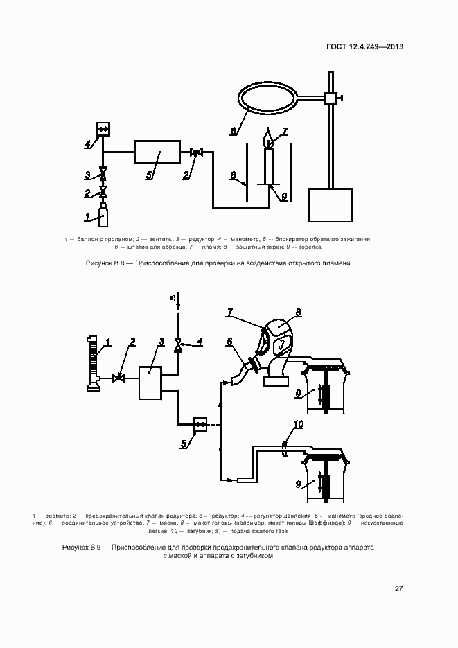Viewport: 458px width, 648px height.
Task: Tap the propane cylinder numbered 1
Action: click(103, 216)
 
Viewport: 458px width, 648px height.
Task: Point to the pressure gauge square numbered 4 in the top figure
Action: click(103, 129)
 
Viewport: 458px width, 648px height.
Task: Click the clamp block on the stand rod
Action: click(331, 98)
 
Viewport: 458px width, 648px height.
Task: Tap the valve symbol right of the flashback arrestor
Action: click(196, 152)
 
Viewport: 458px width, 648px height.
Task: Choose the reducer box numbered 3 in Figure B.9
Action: click(150, 382)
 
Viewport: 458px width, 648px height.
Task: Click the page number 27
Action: click(398, 589)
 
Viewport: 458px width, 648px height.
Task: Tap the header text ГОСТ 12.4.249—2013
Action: click(364, 47)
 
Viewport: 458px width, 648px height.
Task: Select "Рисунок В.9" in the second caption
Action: click(81, 547)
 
